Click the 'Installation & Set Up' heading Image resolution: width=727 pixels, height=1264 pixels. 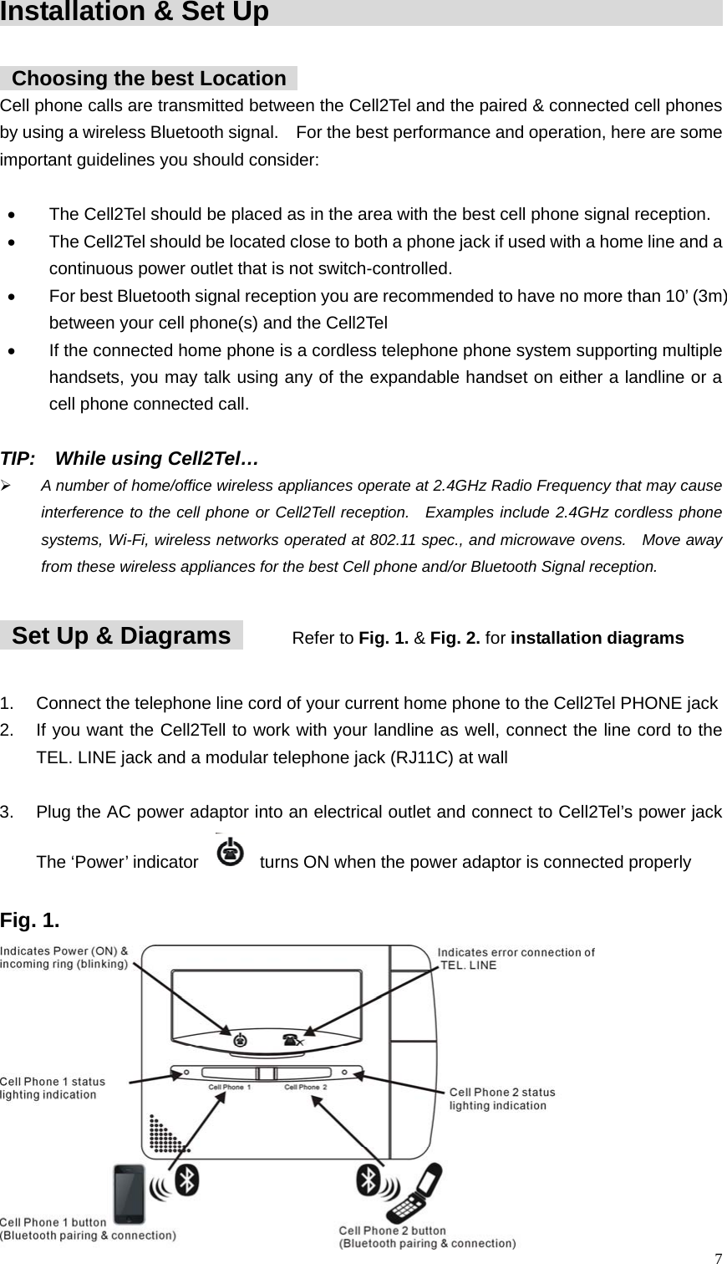pos(135,13)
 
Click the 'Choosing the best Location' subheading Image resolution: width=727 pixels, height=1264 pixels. pos(149,79)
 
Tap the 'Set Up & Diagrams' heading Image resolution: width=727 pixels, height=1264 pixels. pos(121,636)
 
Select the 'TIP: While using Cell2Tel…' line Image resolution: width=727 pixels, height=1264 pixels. pos(130,459)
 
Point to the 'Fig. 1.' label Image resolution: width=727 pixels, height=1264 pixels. pos(30,921)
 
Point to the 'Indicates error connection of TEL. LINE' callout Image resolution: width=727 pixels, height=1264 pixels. pos(516,958)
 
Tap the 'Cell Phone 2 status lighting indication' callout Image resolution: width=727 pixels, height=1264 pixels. pos(501,1098)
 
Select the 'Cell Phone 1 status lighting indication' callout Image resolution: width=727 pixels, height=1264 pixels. pos(53,1088)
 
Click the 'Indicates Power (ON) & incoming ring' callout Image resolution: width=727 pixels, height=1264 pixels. pos(64,956)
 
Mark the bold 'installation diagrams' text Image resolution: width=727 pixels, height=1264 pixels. pos(597,639)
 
